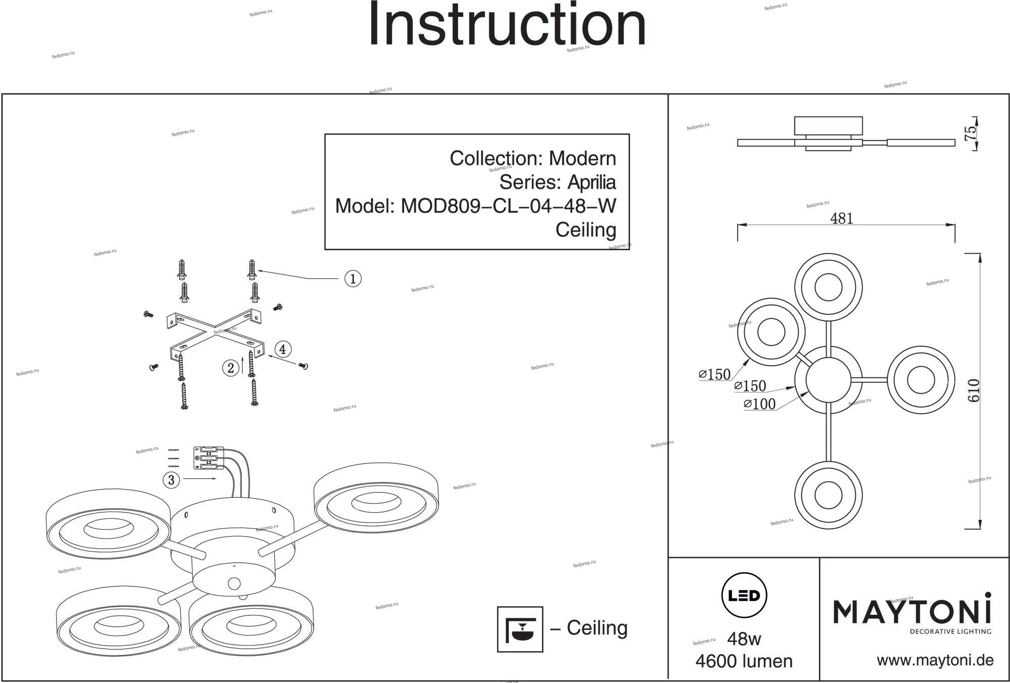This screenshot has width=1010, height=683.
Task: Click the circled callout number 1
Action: click(x=352, y=279)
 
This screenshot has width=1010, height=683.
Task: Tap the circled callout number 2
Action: click(x=231, y=368)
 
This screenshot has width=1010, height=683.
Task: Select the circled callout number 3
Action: click(x=171, y=479)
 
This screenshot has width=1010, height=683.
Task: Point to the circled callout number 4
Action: click(x=283, y=349)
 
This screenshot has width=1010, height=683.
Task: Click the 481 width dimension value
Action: click(x=841, y=219)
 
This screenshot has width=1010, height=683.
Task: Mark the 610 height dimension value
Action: click(x=974, y=391)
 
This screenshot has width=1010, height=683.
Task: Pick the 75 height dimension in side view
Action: click(x=971, y=133)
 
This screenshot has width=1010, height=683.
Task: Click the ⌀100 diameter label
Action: click(x=760, y=404)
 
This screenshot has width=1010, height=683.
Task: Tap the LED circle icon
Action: click(x=744, y=596)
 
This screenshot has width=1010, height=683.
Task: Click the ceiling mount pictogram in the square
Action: click(x=520, y=629)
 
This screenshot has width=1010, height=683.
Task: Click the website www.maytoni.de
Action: click(x=935, y=660)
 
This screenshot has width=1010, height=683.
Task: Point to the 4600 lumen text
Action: click(x=744, y=661)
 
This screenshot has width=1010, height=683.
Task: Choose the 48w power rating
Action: click(x=744, y=639)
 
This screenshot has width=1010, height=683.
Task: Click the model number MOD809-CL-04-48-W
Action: click(x=508, y=206)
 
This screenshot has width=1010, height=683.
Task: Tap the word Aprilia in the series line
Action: click(x=591, y=182)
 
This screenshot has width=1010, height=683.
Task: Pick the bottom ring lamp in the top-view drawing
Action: click(x=828, y=495)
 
